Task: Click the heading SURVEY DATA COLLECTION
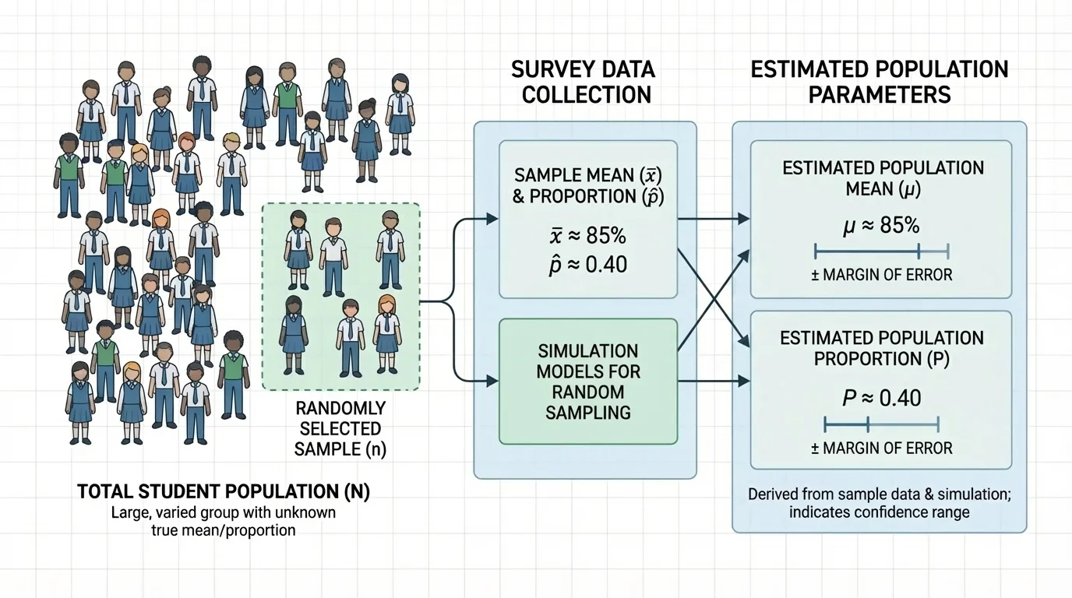(x=584, y=82)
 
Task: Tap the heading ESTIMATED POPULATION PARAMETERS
(x=880, y=82)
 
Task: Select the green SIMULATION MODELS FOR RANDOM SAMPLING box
(x=588, y=382)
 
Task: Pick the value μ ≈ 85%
(x=881, y=226)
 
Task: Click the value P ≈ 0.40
(x=881, y=398)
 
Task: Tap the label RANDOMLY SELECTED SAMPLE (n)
(x=340, y=428)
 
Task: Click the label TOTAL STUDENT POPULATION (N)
(x=223, y=492)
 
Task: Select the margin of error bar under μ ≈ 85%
(x=881, y=251)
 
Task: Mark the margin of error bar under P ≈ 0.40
(x=881, y=424)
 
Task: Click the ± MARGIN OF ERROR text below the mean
(x=881, y=275)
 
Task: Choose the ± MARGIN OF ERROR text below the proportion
(x=881, y=448)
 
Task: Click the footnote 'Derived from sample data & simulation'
(x=880, y=494)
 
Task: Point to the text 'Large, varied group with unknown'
(x=223, y=514)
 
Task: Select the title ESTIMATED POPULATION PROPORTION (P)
(x=881, y=348)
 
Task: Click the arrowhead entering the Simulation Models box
(x=492, y=381)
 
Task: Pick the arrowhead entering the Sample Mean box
(x=492, y=220)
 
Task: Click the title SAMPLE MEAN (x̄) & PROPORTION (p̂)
(x=588, y=185)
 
